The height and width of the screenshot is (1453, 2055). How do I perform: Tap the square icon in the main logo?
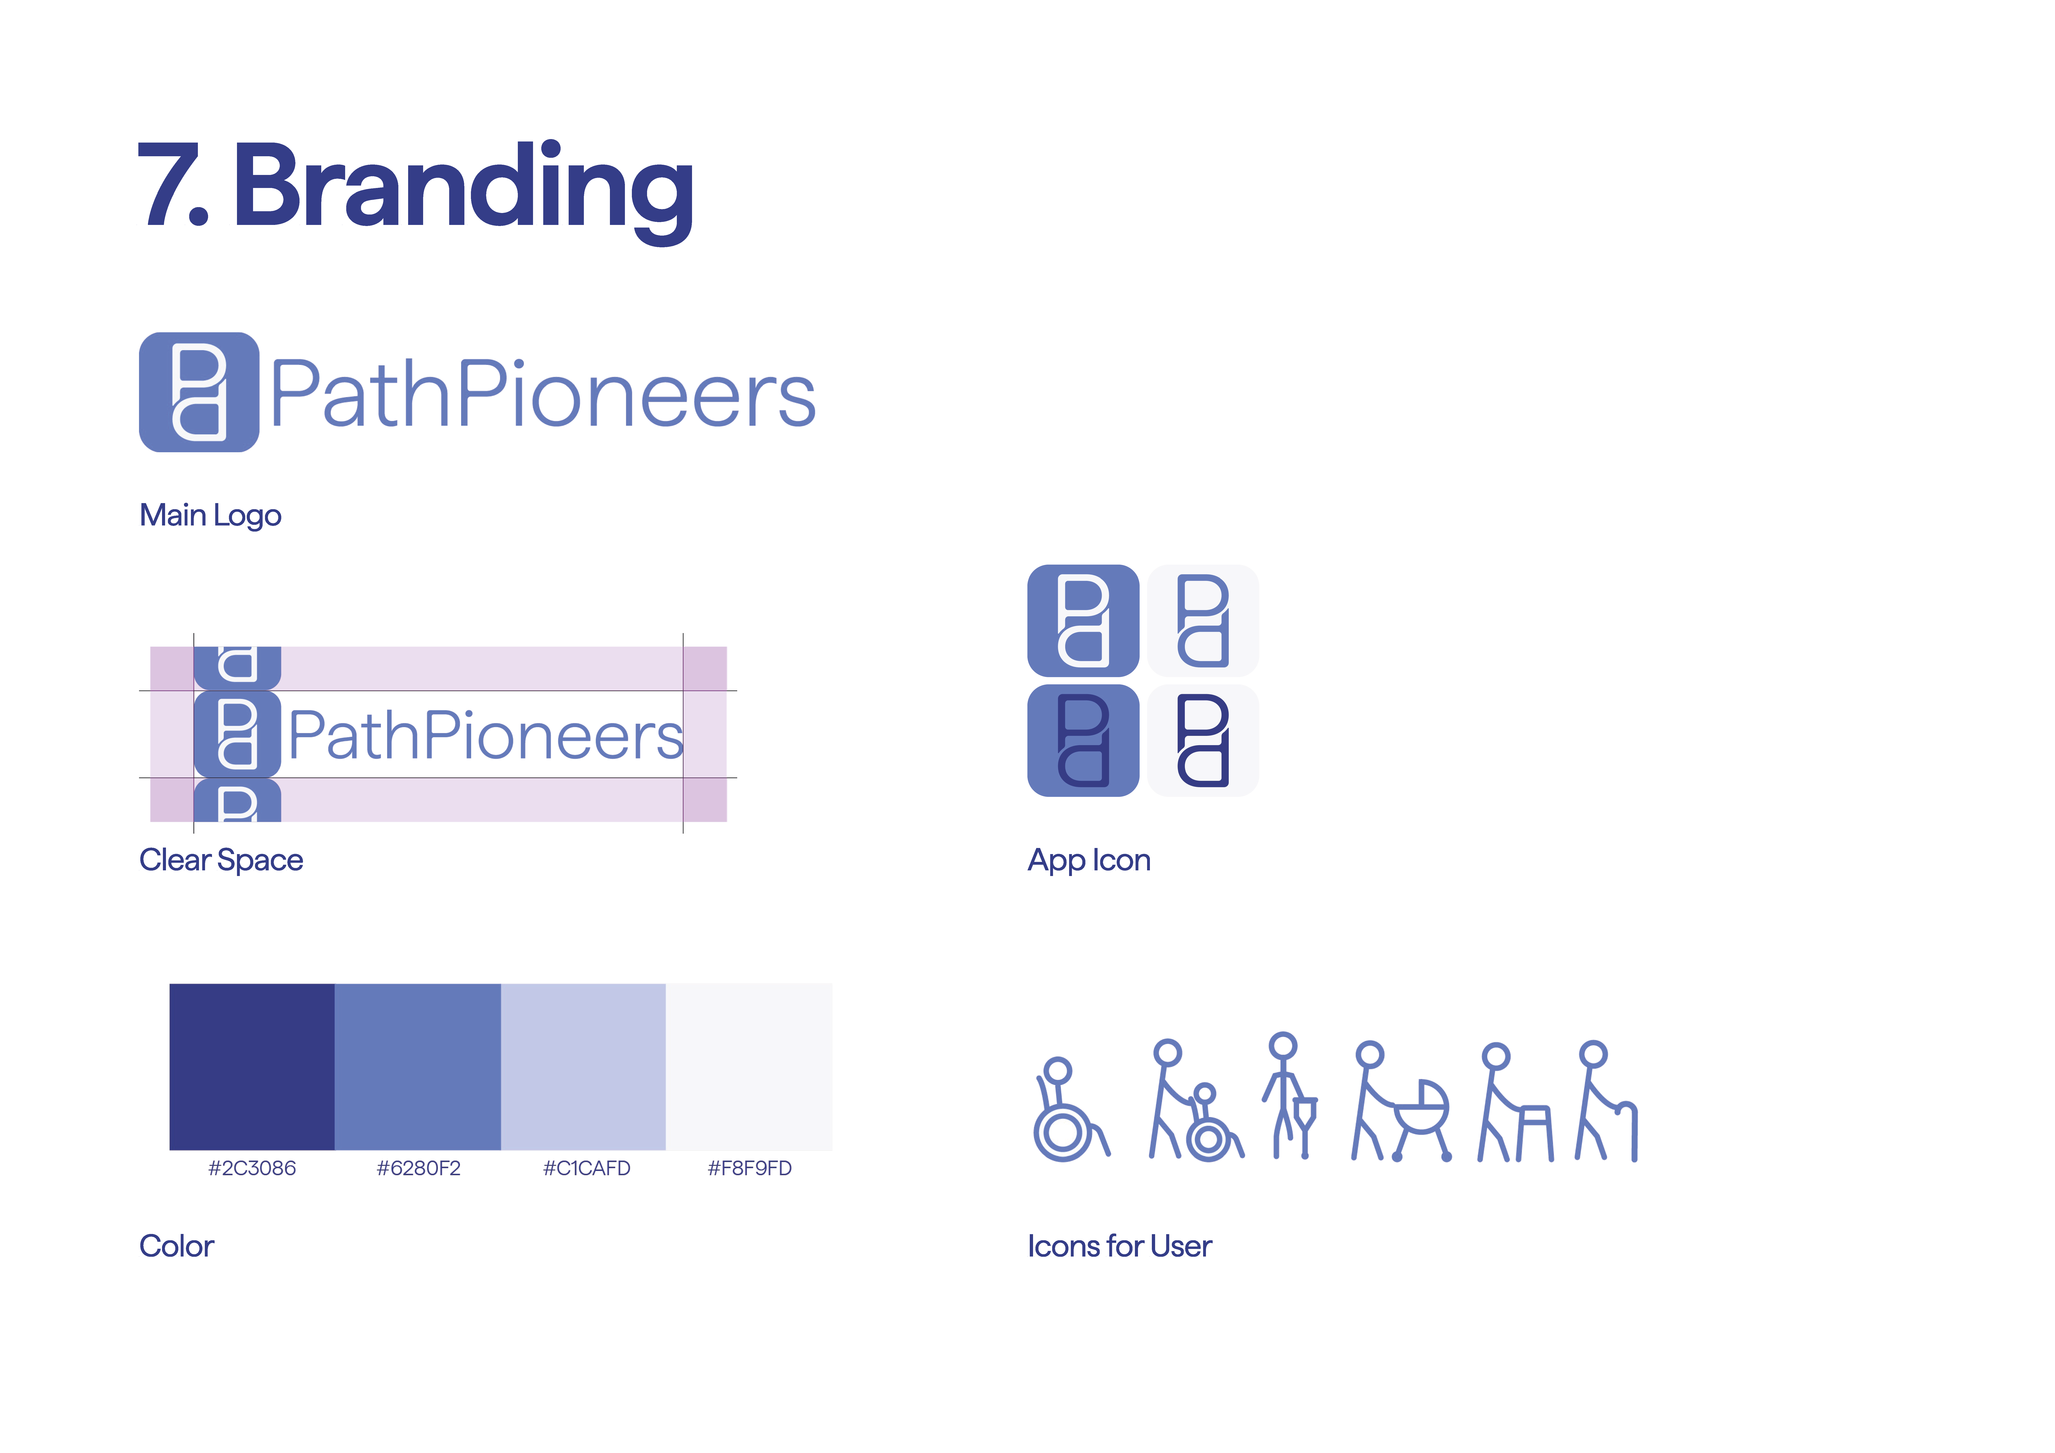[199, 392]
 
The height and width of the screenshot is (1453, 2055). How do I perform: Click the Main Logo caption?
[210, 516]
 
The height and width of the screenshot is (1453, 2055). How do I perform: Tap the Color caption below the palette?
[176, 1246]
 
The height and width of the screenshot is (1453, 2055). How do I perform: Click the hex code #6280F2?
[418, 1168]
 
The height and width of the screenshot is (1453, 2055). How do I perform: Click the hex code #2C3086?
[252, 1168]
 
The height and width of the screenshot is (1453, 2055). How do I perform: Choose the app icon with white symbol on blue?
[1083, 620]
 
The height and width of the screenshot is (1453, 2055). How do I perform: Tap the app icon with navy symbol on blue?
[1083, 740]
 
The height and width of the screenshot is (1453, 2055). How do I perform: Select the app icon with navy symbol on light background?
[1203, 740]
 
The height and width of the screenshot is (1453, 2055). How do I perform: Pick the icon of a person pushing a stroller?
[1401, 1101]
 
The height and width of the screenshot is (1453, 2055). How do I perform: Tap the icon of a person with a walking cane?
[1607, 1101]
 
